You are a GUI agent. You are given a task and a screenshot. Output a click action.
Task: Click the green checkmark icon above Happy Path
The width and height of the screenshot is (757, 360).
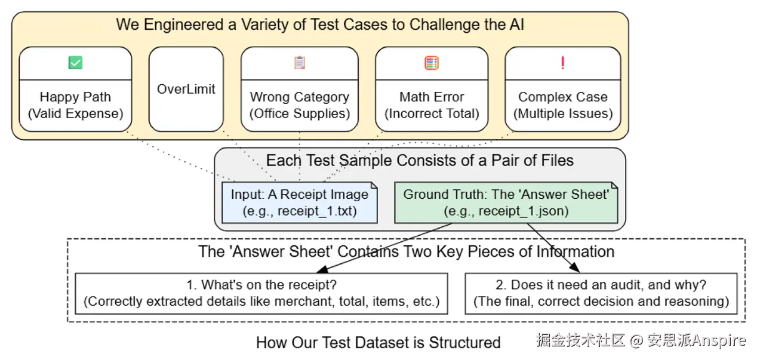75,63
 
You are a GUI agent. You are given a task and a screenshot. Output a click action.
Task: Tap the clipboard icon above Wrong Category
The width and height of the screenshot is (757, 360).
300,63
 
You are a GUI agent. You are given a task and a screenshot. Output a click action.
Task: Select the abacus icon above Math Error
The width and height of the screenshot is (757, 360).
432,63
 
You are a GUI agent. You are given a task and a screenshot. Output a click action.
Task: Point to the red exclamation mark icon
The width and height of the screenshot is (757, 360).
562,63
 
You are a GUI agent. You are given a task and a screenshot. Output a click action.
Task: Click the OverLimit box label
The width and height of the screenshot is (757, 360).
186,89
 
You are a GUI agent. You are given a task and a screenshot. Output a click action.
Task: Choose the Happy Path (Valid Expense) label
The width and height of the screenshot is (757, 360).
75,105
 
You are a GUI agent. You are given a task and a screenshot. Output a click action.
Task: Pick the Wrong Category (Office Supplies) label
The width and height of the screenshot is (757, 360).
300,105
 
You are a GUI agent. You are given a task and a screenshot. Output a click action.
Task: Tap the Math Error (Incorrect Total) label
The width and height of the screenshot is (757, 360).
432,105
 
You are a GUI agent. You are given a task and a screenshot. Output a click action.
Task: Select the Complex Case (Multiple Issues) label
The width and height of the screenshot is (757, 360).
562,105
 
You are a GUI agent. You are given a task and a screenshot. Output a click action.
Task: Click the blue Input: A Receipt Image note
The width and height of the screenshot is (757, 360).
300,202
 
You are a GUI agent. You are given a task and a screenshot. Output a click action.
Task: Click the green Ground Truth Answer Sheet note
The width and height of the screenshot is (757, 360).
506,202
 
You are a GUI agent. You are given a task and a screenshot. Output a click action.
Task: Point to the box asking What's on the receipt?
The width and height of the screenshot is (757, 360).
261,293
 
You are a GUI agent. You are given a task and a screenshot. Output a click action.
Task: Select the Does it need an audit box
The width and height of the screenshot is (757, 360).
601,293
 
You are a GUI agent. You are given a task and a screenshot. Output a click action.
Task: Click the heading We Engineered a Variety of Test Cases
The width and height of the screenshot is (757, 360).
320,24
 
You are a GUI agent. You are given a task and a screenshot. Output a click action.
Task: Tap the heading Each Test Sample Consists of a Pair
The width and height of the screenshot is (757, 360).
420,161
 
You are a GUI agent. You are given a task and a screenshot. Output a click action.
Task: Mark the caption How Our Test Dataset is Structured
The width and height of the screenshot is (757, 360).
378,343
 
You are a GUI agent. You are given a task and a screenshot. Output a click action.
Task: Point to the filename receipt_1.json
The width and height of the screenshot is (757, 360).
524,211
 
